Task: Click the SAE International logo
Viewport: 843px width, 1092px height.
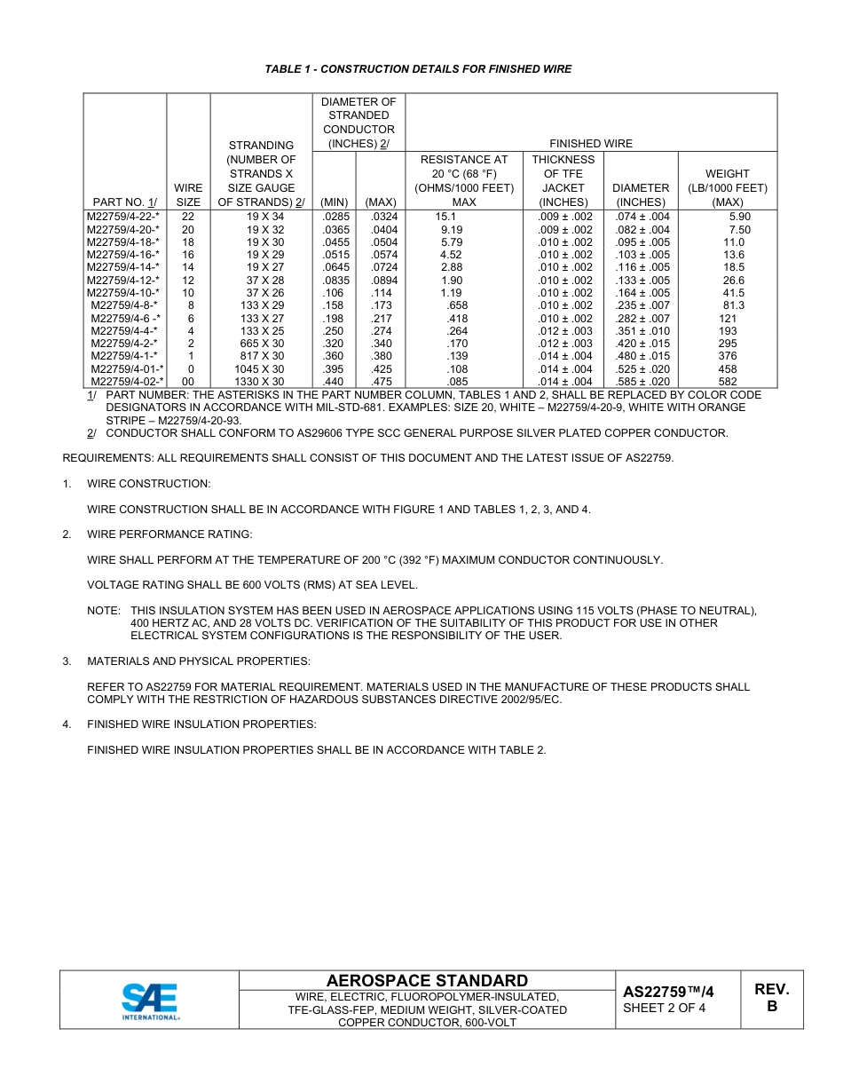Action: point(150,1001)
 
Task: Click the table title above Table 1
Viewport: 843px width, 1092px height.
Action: point(418,69)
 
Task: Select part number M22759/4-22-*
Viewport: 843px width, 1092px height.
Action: point(123,217)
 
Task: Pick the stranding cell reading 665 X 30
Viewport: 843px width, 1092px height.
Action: point(262,344)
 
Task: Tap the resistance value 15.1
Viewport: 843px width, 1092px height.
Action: point(446,217)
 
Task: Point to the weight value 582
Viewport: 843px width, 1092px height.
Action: point(728,382)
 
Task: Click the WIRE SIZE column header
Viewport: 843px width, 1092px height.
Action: point(188,195)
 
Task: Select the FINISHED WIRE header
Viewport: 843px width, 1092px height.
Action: point(591,144)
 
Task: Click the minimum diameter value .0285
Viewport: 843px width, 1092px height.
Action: point(334,217)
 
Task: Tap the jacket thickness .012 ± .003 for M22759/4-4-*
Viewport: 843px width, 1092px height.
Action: point(565,331)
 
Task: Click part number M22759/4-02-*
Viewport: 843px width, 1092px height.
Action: point(125,382)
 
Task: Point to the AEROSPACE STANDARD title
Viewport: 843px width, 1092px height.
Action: point(427,981)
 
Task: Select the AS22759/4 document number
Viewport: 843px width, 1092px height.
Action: point(668,993)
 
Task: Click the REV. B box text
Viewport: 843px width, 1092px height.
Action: point(772,998)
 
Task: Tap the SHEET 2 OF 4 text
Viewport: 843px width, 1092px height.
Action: point(665,1008)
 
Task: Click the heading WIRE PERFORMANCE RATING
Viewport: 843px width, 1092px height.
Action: point(169,534)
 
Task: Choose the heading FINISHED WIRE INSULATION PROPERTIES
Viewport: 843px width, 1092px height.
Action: point(201,724)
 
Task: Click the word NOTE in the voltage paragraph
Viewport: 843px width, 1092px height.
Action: point(103,611)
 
